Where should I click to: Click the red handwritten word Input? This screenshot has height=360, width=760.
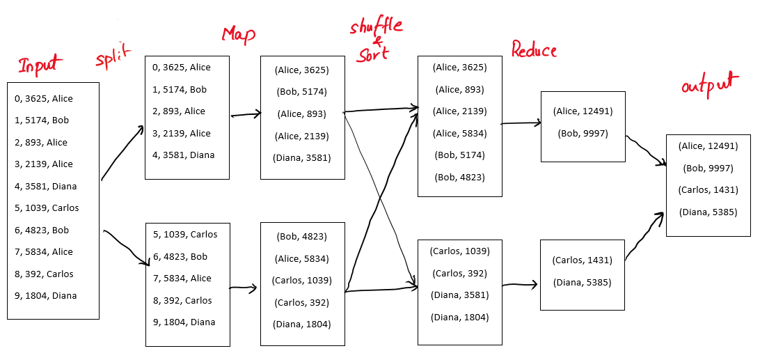40,64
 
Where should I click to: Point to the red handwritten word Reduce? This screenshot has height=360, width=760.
534,49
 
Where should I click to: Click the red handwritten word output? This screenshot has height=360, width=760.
711,86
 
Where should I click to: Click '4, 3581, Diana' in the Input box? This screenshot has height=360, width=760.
45,187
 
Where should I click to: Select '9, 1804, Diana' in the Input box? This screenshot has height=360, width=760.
45,295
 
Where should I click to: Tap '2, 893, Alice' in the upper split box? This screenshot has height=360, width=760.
179,111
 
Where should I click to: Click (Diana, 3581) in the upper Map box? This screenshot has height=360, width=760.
303,157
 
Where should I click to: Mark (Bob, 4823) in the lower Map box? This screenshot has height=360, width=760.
302,237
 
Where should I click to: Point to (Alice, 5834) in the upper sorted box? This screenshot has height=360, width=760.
459,134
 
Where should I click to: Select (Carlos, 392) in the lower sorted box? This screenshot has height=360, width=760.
459,273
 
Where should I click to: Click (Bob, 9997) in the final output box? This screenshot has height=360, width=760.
708,169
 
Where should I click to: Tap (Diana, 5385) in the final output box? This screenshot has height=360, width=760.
708,212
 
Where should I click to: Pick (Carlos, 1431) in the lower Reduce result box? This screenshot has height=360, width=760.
582,260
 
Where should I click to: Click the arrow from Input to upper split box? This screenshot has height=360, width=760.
122,152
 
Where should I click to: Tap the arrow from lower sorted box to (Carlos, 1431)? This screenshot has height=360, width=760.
520,285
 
